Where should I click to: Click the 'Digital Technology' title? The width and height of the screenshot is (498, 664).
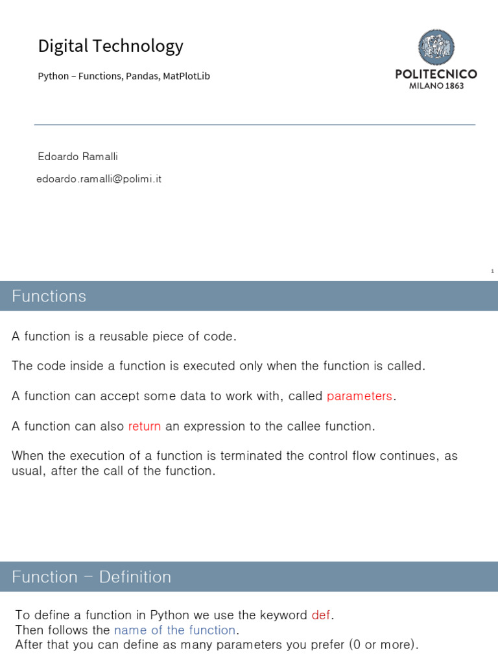point(110,46)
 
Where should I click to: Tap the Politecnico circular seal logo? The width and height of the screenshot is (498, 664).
point(436,47)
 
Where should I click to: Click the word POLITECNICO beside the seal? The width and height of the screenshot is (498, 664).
point(436,74)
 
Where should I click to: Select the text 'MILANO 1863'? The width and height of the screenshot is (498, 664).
point(436,86)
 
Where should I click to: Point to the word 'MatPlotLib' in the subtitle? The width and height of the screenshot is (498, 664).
point(187,77)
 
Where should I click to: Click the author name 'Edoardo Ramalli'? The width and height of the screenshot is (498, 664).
point(78,157)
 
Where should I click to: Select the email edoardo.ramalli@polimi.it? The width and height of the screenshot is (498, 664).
point(99,179)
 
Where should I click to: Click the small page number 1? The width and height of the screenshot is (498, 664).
point(492,271)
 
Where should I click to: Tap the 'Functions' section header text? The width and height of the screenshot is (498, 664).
point(49,296)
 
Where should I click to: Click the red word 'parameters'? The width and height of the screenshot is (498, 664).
point(359,396)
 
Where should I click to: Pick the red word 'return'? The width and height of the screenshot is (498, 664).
point(145,426)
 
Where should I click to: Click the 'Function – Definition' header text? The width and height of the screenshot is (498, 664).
point(91,577)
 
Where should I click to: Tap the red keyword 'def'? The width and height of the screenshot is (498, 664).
point(321,615)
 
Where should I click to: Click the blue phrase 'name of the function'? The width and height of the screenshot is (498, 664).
point(174,630)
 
